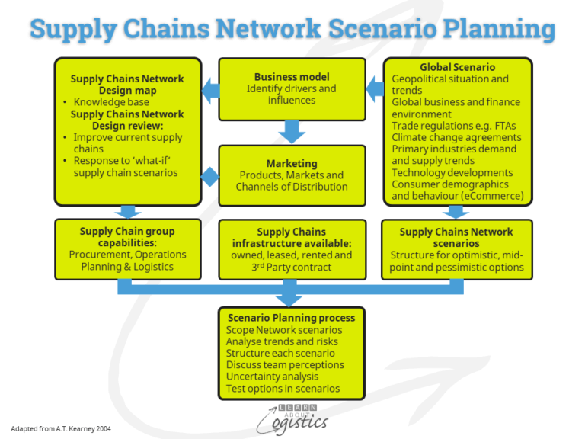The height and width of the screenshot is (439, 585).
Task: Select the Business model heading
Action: (x=292, y=77)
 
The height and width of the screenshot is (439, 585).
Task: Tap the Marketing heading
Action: (x=292, y=163)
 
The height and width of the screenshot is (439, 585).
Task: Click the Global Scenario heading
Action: (x=457, y=67)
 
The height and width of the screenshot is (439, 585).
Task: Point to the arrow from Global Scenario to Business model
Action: (x=375, y=90)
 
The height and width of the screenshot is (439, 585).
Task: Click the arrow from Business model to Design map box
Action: (x=210, y=91)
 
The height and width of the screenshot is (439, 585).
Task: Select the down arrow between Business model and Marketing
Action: (x=292, y=131)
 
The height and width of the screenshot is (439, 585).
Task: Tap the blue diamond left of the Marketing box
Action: (x=209, y=177)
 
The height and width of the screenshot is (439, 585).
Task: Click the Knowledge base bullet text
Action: (x=111, y=101)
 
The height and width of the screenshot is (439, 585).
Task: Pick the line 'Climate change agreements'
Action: (x=449, y=137)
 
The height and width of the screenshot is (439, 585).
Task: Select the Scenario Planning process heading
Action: (x=292, y=317)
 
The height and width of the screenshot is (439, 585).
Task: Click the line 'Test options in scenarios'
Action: (x=283, y=389)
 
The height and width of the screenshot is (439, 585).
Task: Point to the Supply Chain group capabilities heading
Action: (x=127, y=237)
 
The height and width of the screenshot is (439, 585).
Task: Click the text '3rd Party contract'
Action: (x=292, y=268)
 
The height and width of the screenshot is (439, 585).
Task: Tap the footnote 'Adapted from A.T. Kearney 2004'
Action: (x=61, y=429)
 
